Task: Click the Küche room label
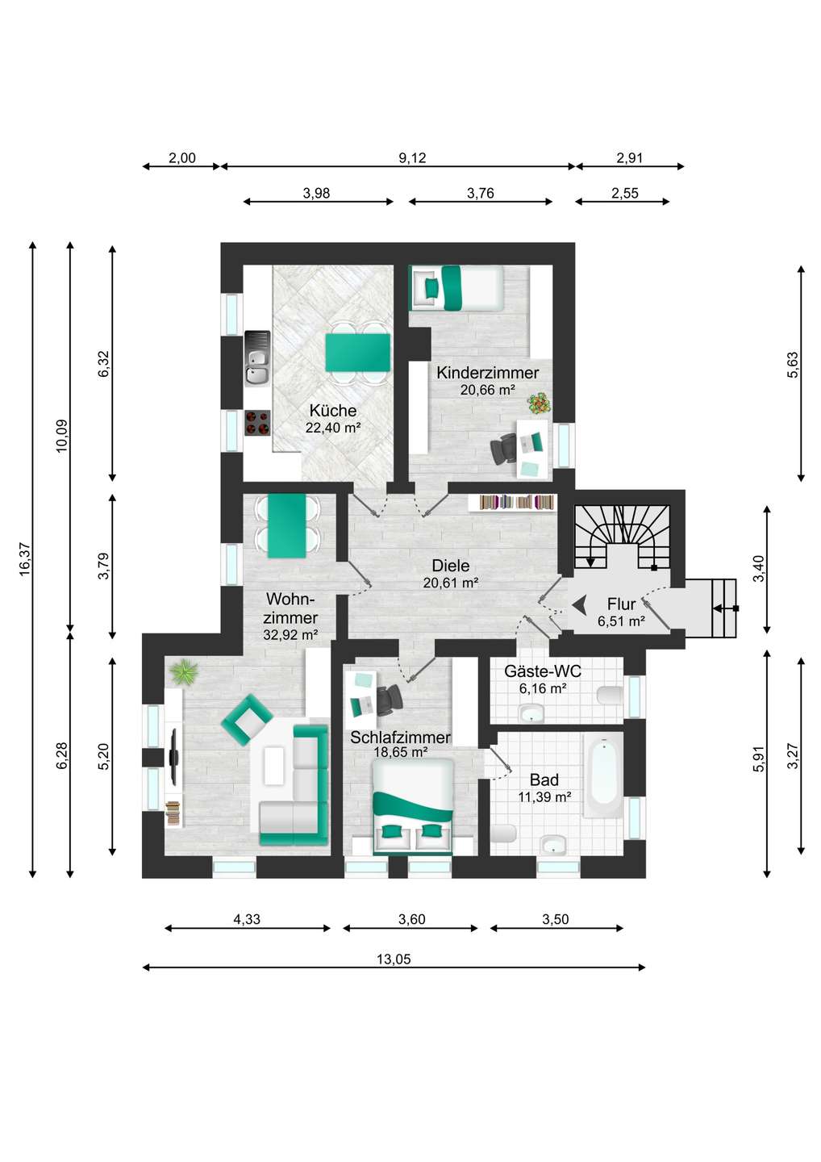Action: tap(332, 411)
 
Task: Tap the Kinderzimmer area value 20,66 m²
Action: tap(487, 390)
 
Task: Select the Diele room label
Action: tap(450, 566)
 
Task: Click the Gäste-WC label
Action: tap(542, 671)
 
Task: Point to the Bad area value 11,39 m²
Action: tap(544, 797)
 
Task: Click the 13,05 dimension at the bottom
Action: tap(394, 959)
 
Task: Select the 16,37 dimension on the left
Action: tap(25, 558)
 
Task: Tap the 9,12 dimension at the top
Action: tap(412, 158)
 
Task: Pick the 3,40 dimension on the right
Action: tap(758, 569)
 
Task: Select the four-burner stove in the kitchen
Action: tap(257, 422)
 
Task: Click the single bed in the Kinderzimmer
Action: tap(456, 287)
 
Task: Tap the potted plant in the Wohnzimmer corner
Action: tap(185, 671)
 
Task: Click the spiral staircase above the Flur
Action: tap(622, 534)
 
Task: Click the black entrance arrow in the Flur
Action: tap(578, 604)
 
